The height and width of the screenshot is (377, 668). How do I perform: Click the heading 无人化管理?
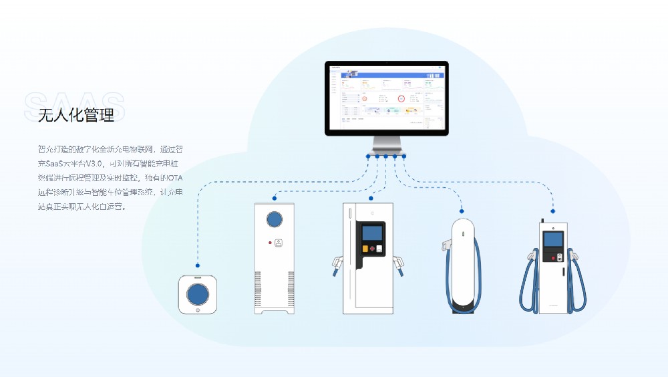click(x=76, y=115)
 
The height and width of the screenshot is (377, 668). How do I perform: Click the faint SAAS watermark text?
click(x=73, y=103)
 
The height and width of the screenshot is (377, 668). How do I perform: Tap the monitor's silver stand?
click(x=387, y=143)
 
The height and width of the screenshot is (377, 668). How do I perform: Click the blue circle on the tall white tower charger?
click(x=274, y=219)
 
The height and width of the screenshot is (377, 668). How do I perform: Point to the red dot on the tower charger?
click(x=269, y=242)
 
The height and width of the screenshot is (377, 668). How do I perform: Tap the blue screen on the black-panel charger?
click(x=371, y=233)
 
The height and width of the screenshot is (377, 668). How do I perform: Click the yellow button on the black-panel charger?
click(x=365, y=249)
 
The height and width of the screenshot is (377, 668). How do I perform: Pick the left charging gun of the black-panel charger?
click(x=337, y=263)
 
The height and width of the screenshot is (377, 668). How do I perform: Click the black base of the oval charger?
click(x=463, y=307)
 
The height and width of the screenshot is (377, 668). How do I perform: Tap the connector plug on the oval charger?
click(x=445, y=245)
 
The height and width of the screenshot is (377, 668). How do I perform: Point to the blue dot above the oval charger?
click(x=461, y=209)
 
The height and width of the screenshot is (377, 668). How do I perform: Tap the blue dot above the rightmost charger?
click(x=553, y=211)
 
